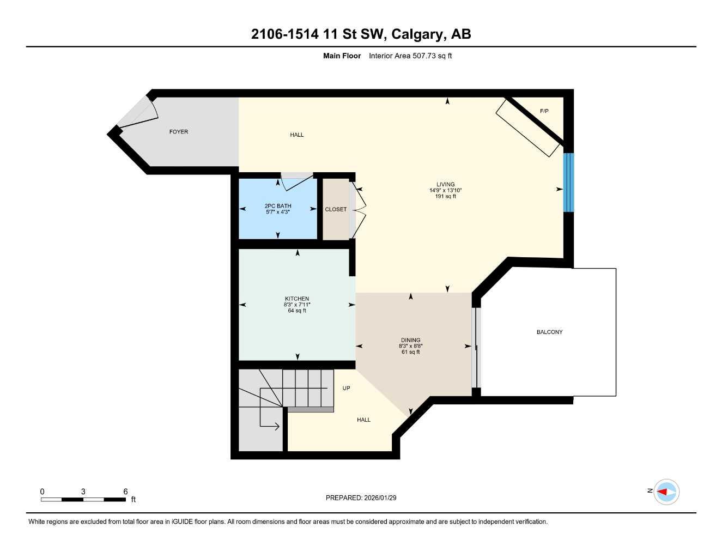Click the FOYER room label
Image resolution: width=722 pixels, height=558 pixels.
[179, 132]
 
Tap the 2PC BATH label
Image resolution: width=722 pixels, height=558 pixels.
[278, 206]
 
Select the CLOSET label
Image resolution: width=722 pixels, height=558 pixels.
[336, 209]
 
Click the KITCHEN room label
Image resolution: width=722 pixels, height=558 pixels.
[297, 299]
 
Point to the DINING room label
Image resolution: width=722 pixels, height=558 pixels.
[410, 340]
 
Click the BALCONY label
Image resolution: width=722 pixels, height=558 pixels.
[549, 332]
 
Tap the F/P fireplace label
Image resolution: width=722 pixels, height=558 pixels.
[544, 111]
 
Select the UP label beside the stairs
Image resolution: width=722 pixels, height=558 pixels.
[346, 388]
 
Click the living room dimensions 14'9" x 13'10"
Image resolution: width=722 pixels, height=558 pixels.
[445, 190]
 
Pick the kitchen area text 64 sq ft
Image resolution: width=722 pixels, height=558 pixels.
[297, 311]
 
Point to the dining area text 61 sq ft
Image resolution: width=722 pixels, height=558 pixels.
[410, 352]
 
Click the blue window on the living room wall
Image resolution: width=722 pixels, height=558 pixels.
[568, 182]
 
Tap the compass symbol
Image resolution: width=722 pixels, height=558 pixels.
[666, 492]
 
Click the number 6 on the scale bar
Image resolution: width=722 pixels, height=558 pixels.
[125, 492]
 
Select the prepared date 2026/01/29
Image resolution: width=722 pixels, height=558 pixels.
[379, 498]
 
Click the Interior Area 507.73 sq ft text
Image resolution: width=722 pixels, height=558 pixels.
[410, 56]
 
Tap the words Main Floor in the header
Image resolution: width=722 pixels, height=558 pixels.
[342, 56]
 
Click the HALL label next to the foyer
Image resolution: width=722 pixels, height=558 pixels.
[297, 135]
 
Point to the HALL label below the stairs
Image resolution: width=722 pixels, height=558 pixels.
[363, 420]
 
